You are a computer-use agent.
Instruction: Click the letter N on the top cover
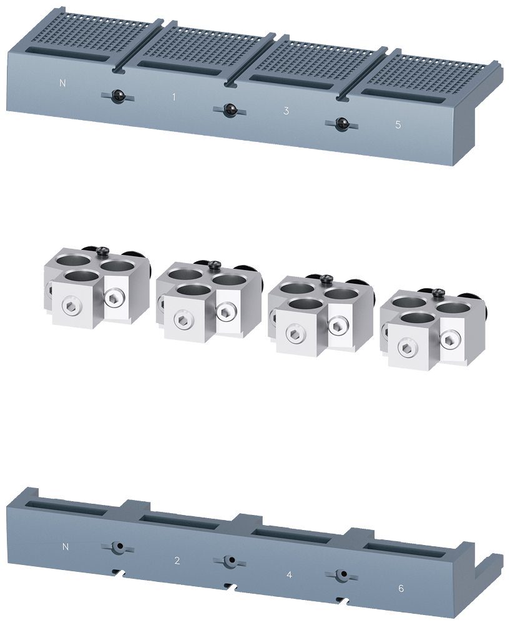point(62,83)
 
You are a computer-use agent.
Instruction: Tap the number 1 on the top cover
point(174,97)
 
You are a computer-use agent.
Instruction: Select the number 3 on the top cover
point(286,111)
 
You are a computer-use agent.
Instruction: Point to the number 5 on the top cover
point(398,125)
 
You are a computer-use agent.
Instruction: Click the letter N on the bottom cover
point(66,547)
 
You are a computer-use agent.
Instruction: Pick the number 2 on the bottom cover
point(177,561)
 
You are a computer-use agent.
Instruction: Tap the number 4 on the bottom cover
point(290,575)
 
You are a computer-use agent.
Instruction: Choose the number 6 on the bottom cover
point(401,588)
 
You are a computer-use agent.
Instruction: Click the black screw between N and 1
point(117,96)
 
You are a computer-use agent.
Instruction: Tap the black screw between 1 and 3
point(229,110)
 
